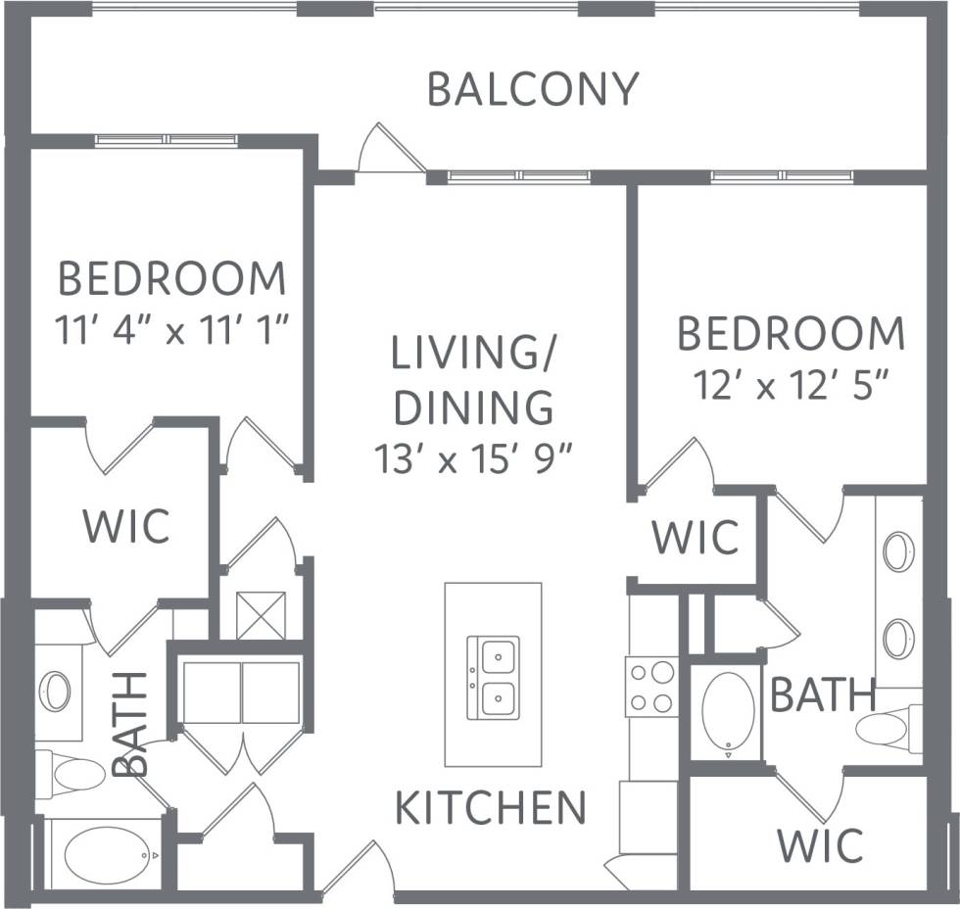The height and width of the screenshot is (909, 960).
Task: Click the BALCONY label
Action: click(x=533, y=89)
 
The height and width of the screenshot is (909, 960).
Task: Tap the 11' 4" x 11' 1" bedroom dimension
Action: click(x=172, y=330)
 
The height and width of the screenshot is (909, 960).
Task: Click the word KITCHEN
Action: click(x=491, y=809)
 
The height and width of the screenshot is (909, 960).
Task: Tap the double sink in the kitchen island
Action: click(x=493, y=676)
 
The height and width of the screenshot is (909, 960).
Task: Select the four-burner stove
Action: click(x=651, y=687)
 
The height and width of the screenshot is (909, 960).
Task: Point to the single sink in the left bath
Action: click(x=55, y=692)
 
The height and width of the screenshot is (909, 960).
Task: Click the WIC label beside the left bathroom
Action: click(x=125, y=526)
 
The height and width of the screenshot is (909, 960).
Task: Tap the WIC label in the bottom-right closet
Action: click(x=820, y=844)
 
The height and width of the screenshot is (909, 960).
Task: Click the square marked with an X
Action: click(x=261, y=615)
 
